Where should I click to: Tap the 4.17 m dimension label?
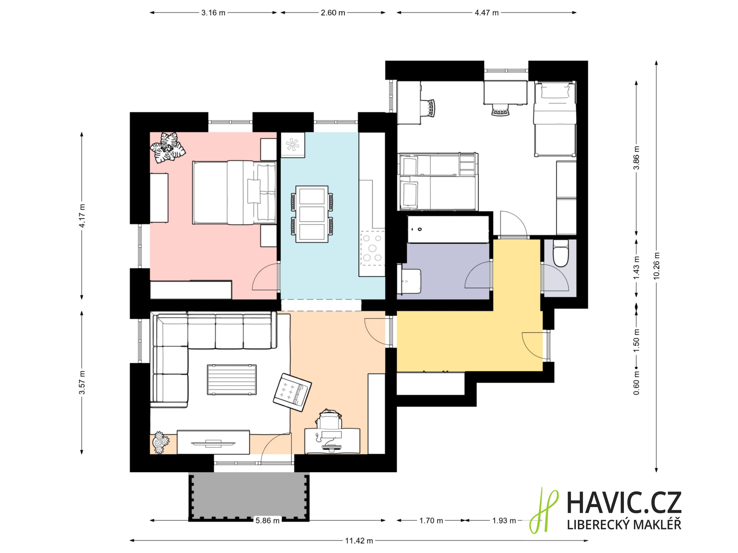(x=82, y=215)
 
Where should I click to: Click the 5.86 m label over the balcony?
(x=267, y=520)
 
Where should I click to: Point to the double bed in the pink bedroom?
(x=234, y=193)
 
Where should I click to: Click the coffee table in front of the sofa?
(x=232, y=380)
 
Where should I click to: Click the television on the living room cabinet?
(x=213, y=443)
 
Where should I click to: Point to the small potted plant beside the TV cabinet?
(x=161, y=443)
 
